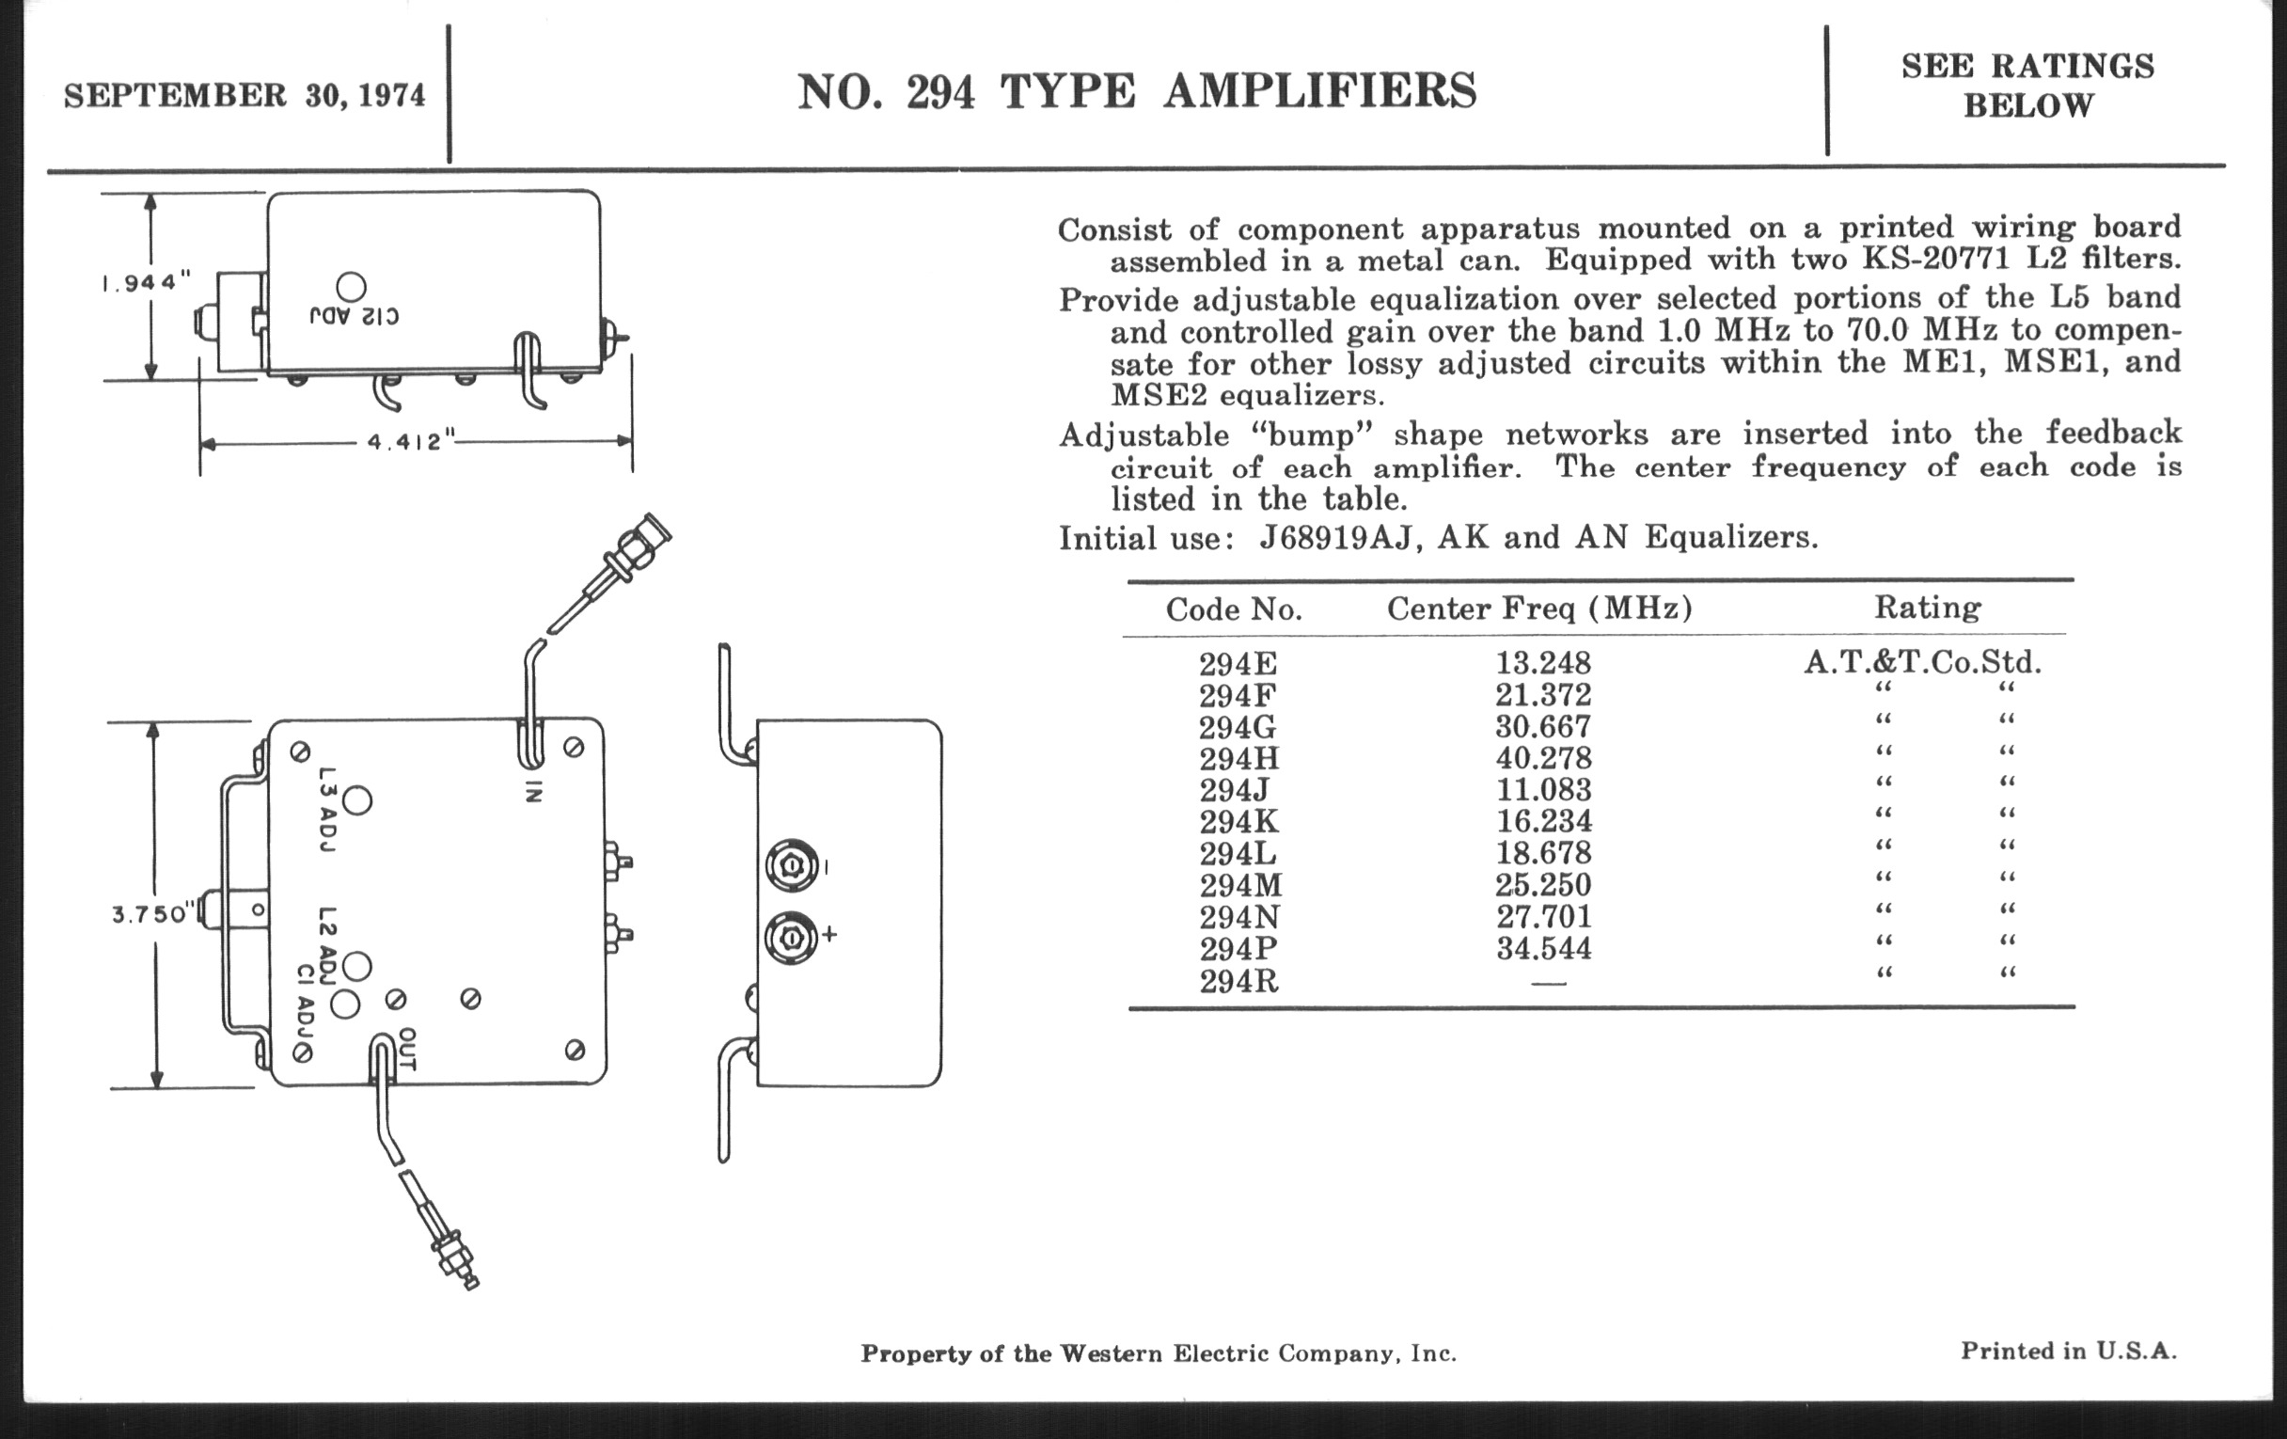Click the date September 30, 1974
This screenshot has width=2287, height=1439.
pyautogui.click(x=244, y=96)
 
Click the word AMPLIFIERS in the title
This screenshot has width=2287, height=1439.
pyautogui.click(x=1320, y=92)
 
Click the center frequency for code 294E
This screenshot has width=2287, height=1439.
pyautogui.click(x=1542, y=662)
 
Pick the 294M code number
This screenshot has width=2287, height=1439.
pyautogui.click(x=1240, y=885)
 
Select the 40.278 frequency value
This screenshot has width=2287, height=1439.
pyautogui.click(x=1542, y=758)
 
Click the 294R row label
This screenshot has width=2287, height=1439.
pyautogui.click(x=1238, y=981)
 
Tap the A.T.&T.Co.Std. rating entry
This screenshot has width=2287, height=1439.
pyautogui.click(x=1922, y=661)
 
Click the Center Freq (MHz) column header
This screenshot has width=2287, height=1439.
pyautogui.click(x=1539, y=608)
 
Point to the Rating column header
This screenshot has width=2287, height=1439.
pyautogui.click(x=1927, y=607)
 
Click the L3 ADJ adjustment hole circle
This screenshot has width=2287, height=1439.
pyautogui.click(x=357, y=800)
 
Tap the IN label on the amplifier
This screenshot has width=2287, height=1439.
pyautogui.click(x=533, y=791)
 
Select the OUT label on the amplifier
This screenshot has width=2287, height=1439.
pyautogui.click(x=406, y=1049)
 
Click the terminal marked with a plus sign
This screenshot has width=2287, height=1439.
pyautogui.click(x=790, y=939)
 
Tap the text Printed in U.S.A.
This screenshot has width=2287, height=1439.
pyautogui.click(x=2069, y=1351)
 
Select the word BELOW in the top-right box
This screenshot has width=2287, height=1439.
pyautogui.click(x=2027, y=105)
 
